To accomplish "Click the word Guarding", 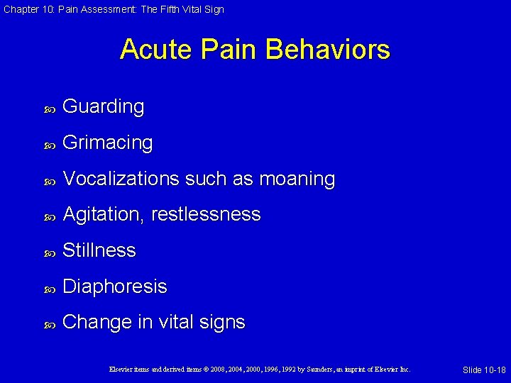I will click(x=104, y=107).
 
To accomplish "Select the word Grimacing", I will click(x=108, y=143).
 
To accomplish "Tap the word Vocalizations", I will click(x=121, y=179).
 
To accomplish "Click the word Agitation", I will click(x=102, y=215).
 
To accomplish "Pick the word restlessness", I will click(x=205, y=215).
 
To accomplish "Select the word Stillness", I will click(x=99, y=250).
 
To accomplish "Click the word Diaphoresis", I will click(x=115, y=287).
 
